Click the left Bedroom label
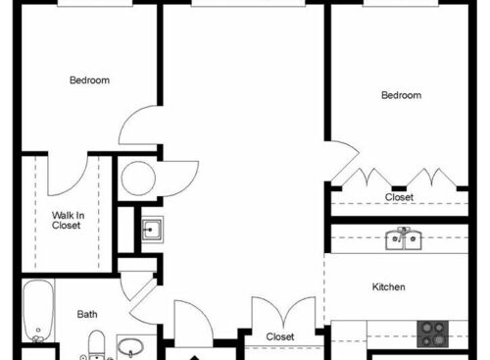[89, 80]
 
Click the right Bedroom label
[401, 95]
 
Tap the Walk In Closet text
[67, 220]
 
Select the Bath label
[87, 315]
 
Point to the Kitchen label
[389, 287]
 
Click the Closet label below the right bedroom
[399, 197]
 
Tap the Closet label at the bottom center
[280, 336]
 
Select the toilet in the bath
[96, 345]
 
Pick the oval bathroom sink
[131, 348]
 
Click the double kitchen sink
[404, 238]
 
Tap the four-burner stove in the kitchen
[431, 334]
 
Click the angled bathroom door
[141, 294]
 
